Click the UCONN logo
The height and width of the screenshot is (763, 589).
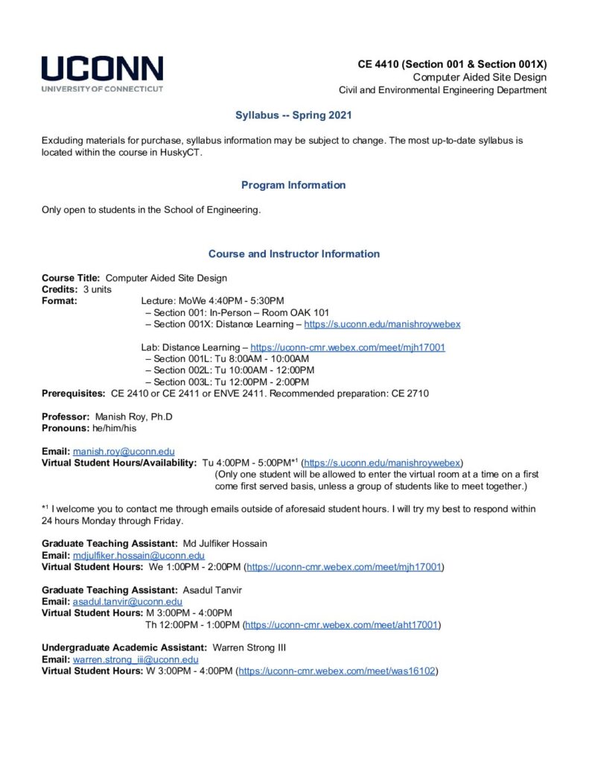point(102,73)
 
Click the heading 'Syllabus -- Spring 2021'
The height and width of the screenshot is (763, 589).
point(293,115)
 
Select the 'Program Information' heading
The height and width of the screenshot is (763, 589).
point(293,185)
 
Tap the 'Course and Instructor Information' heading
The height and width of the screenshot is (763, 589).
point(293,254)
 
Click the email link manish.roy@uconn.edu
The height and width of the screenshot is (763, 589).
point(124,452)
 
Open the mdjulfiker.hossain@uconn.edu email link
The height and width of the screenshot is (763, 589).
point(139,556)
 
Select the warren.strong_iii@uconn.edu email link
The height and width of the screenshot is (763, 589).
point(136,659)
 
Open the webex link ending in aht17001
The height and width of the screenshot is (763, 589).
point(343,624)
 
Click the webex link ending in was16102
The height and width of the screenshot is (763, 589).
point(337,671)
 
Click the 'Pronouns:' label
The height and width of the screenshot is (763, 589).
point(67,428)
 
